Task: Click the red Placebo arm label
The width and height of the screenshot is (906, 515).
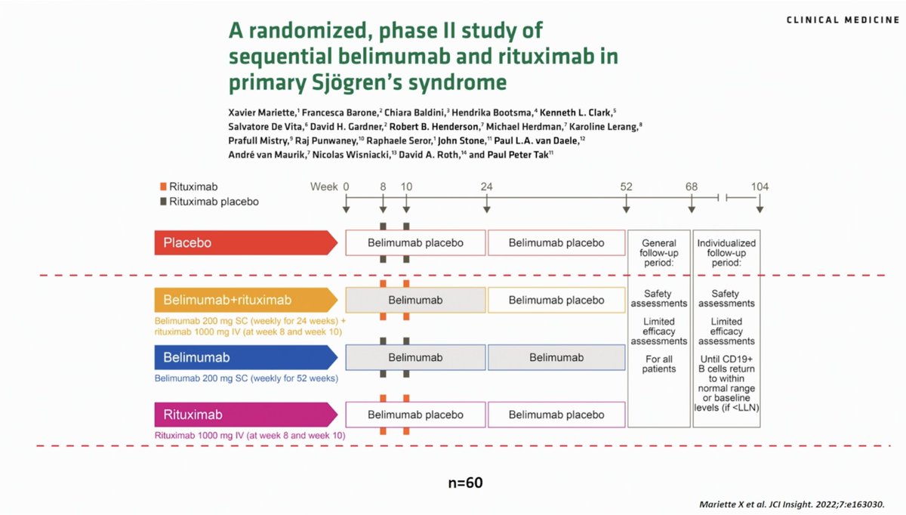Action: (x=246, y=242)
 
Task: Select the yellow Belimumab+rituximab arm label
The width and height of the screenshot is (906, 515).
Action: (x=246, y=300)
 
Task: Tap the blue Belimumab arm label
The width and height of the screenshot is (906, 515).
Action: (x=246, y=357)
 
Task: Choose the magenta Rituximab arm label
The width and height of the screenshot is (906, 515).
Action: (x=246, y=415)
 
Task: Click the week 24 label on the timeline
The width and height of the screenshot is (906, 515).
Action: (x=486, y=187)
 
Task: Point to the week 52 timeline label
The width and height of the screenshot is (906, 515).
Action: (x=626, y=187)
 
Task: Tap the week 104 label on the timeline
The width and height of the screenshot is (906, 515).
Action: (x=760, y=187)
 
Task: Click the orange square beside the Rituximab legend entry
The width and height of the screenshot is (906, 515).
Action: (x=163, y=187)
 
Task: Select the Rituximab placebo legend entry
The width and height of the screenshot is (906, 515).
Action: (x=210, y=202)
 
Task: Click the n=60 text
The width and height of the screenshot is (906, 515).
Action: (x=466, y=483)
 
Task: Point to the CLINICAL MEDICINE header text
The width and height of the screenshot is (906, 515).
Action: (x=843, y=20)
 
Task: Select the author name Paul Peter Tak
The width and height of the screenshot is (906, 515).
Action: (x=518, y=155)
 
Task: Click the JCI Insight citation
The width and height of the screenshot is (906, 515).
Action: (x=792, y=504)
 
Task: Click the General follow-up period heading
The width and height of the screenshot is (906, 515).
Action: (x=659, y=253)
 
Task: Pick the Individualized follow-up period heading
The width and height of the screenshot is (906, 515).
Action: (x=726, y=253)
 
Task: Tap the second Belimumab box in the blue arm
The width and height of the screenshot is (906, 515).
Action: (x=556, y=357)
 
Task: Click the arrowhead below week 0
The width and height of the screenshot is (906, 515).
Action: (x=347, y=209)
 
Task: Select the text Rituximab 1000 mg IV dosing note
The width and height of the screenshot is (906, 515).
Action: (x=250, y=436)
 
